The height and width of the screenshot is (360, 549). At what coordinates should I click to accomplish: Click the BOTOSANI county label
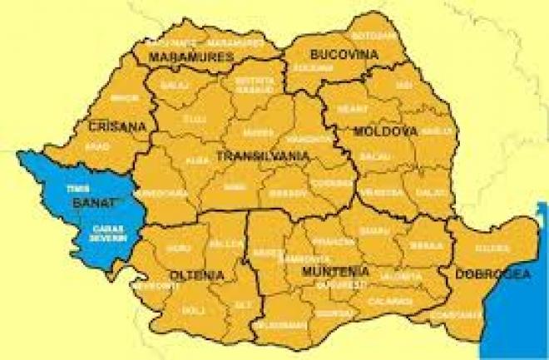[368, 36]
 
